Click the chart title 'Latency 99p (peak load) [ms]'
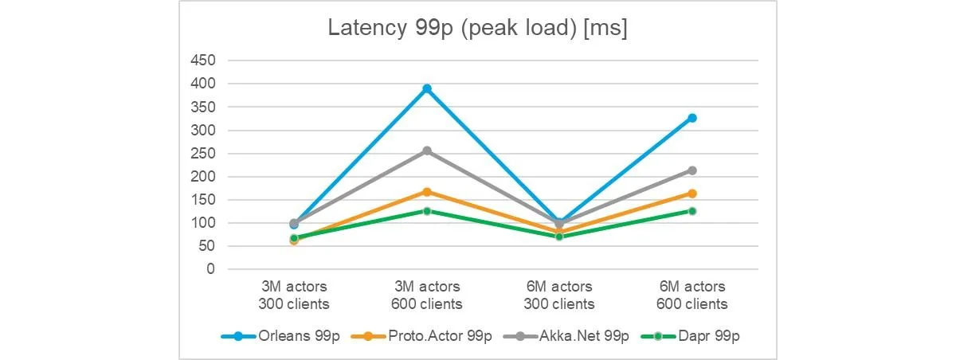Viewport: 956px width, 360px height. coord(477,28)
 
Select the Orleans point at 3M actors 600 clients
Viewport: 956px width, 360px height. coord(427,88)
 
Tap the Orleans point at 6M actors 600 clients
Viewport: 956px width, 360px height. coord(692,118)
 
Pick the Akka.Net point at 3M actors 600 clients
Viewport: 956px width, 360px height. coord(427,151)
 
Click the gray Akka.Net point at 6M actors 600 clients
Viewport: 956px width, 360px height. coord(692,170)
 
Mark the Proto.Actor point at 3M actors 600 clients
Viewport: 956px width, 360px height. coord(427,192)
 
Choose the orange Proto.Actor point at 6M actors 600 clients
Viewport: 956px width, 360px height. coord(692,194)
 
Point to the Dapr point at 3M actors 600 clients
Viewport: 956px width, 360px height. coord(427,211)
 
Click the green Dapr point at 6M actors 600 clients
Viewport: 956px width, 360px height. coord(692,211)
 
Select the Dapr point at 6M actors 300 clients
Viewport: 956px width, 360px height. coord(559,237)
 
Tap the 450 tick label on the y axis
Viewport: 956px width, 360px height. coord(202,61)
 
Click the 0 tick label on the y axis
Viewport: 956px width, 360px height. coord(210,269)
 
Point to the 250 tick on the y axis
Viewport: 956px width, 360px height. coord(202,153)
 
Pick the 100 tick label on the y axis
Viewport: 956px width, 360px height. coord(202,223)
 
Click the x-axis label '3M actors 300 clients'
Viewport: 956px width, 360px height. coord(294,295)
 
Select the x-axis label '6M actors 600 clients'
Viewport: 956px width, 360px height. coord(692,295)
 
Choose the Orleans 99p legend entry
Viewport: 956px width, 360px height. coord(280,336)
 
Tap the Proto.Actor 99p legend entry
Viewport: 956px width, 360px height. coord(421,336)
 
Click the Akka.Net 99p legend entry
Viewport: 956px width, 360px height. coord(566,336)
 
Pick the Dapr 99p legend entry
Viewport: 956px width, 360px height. coord(690,336)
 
